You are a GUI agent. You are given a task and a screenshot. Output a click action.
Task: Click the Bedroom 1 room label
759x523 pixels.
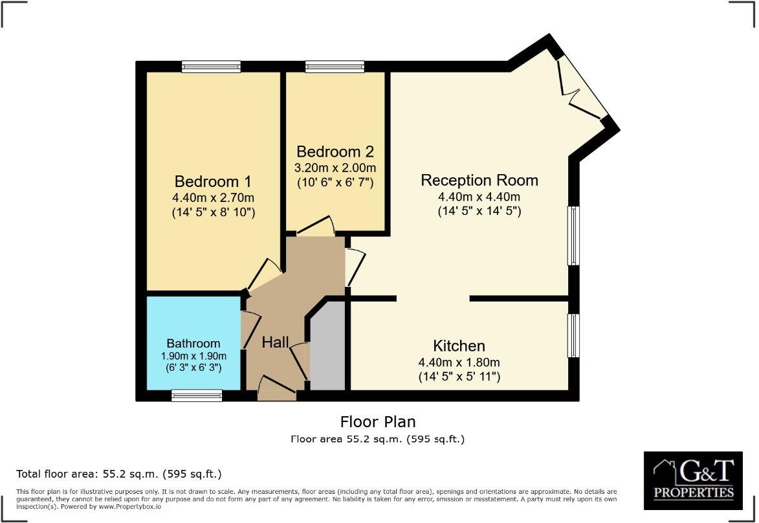click(x=213, y=181)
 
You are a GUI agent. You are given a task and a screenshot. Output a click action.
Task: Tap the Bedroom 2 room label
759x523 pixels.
click(x=335, y=151)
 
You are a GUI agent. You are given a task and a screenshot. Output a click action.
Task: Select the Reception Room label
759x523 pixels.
click(x=479, y=180)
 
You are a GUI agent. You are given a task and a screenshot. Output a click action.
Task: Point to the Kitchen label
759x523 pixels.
click(x=459, y=346)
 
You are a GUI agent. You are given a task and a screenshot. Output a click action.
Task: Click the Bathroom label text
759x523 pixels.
click(x=193, y=343)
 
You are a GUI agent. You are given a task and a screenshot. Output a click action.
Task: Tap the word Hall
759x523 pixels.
click(x=275, y=342)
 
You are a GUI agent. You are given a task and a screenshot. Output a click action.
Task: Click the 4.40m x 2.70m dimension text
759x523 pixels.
click(x=213, y=197)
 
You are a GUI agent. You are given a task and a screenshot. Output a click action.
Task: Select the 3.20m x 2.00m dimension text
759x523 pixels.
click(x=335, y=167)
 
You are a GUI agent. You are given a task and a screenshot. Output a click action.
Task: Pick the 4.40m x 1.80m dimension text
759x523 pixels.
click(x=459, y=362)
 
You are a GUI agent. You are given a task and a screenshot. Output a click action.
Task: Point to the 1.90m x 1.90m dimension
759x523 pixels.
click(x=193, y=356)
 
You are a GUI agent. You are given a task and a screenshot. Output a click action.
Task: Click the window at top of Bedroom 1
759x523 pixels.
click(x=211, y=66)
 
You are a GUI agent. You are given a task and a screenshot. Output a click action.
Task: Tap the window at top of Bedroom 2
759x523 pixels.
click(x=335, y=66)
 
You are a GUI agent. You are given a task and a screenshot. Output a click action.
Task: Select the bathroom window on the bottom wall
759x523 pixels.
click(x=197, y=395)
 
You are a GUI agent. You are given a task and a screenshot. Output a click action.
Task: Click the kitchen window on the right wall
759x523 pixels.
click(x=573, y=335)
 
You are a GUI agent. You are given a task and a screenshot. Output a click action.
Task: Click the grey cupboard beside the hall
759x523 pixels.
click(x=329, y=350)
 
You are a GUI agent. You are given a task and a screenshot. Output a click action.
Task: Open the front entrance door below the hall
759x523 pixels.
click(x=277, y=391)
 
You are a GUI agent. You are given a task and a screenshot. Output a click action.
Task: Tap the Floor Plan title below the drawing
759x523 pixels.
click(x=378, y=422)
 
